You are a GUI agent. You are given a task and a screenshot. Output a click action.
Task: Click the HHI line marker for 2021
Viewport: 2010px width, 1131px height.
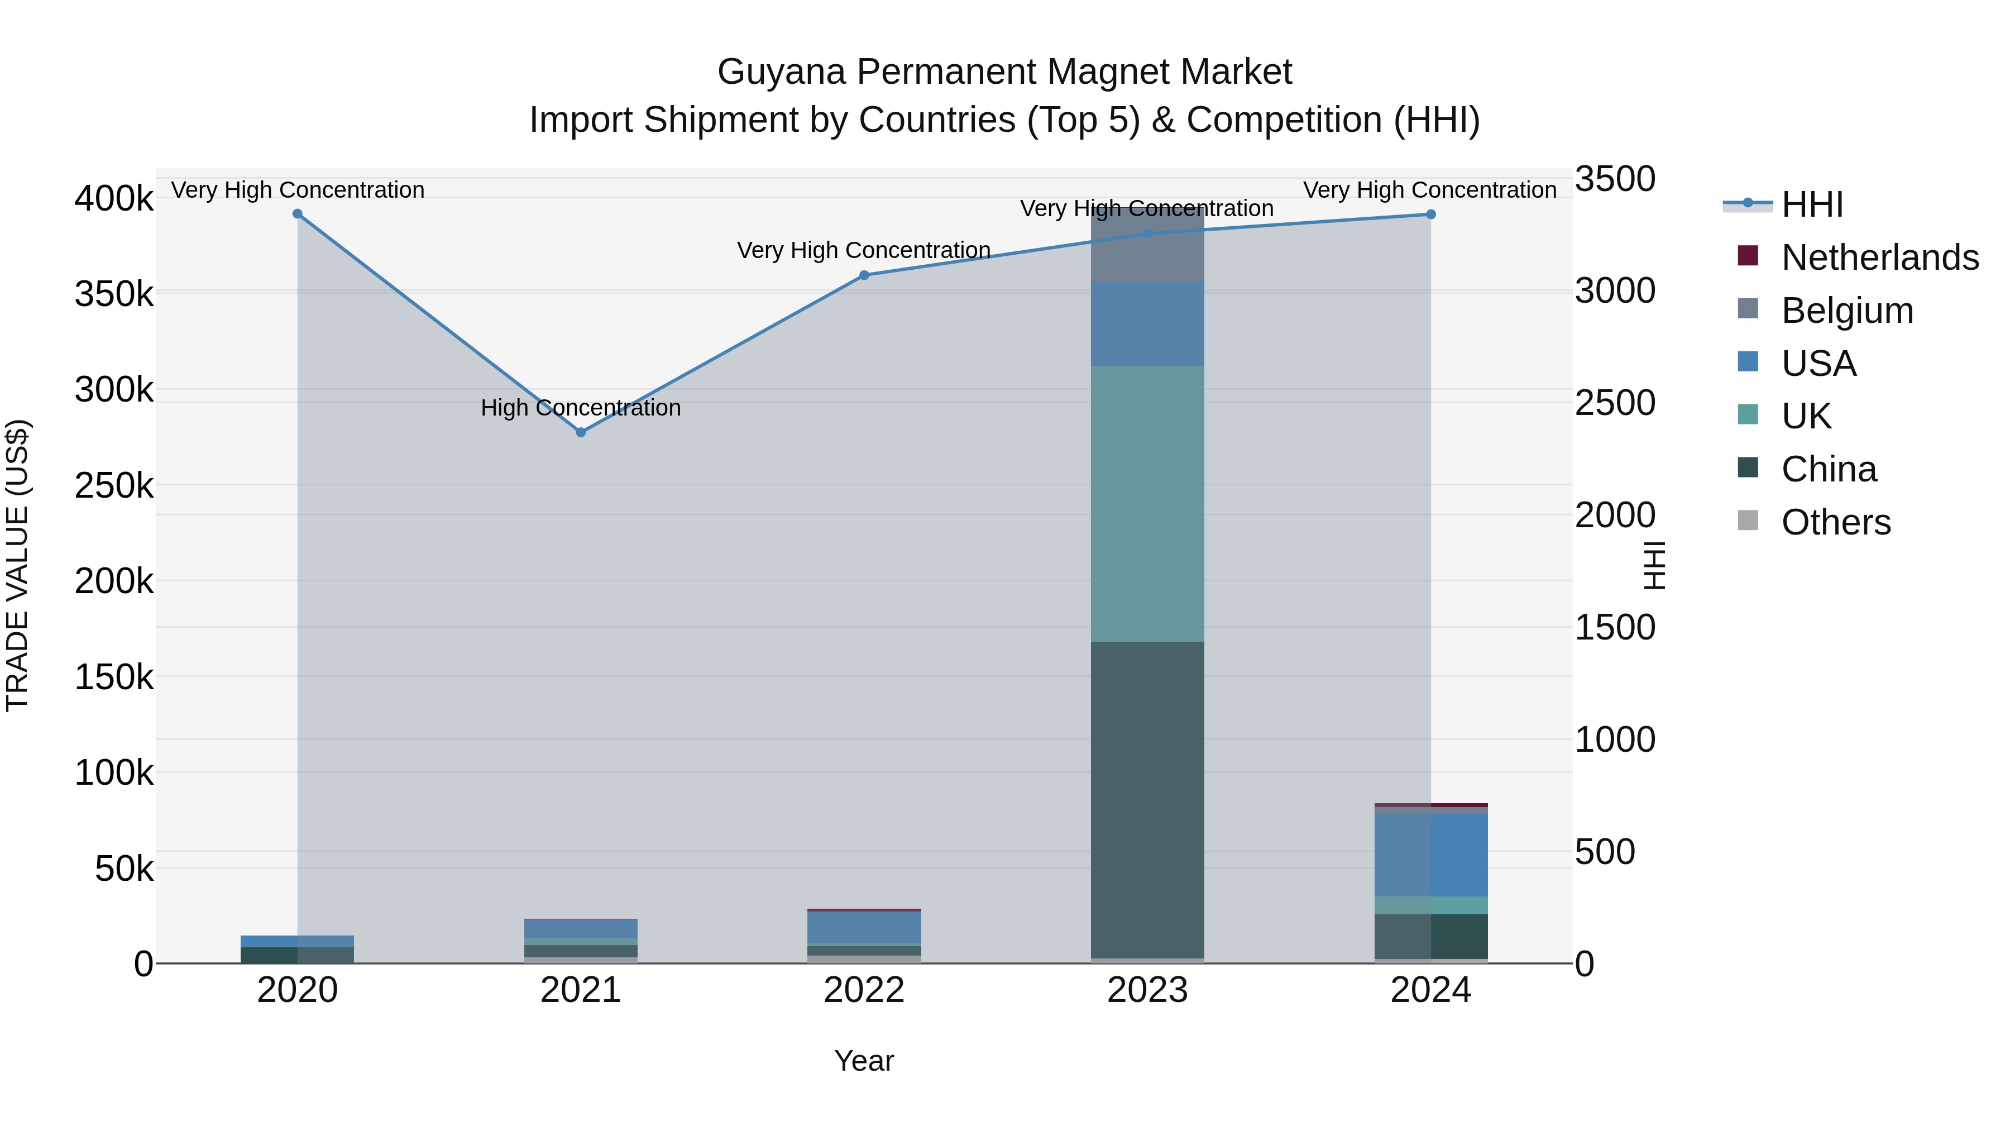581,432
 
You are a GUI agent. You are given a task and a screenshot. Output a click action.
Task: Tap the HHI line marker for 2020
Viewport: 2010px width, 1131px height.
297,214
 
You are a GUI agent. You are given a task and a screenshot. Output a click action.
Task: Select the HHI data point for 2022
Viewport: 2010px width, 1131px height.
864,275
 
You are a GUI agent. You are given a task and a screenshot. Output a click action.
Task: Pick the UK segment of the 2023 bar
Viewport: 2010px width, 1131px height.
1147,503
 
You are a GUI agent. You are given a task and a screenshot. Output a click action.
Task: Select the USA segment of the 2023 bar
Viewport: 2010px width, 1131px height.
1147,324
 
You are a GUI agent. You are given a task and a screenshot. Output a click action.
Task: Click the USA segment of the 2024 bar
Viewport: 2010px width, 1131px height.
1431,855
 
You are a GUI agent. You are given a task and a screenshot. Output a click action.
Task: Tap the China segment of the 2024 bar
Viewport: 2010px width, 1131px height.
1431,936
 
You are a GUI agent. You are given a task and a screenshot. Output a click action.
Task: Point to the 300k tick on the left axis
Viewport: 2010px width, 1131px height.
114,389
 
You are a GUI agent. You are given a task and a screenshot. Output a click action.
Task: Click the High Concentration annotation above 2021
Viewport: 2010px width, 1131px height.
581,408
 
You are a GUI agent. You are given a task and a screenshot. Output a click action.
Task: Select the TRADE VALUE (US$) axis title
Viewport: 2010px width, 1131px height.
17,565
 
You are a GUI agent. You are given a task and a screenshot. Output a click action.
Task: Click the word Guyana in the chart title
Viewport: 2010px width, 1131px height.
781,72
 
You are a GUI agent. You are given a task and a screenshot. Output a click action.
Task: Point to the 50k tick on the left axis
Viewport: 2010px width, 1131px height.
123,868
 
